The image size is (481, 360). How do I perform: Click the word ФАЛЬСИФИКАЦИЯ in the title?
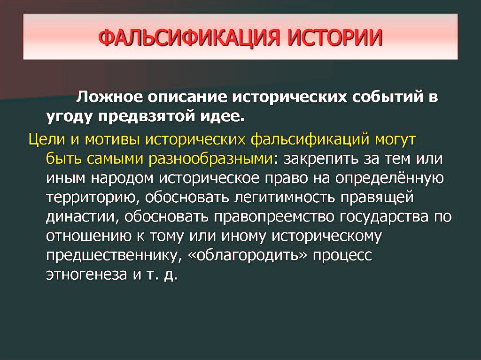(189, 38)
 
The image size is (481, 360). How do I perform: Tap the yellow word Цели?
(47, 139)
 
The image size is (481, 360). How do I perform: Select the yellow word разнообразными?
(210, 159)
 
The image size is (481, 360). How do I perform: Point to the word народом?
(122, 179)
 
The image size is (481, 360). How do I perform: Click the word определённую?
(389, 178)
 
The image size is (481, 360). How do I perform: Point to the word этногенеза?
(86, 275)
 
